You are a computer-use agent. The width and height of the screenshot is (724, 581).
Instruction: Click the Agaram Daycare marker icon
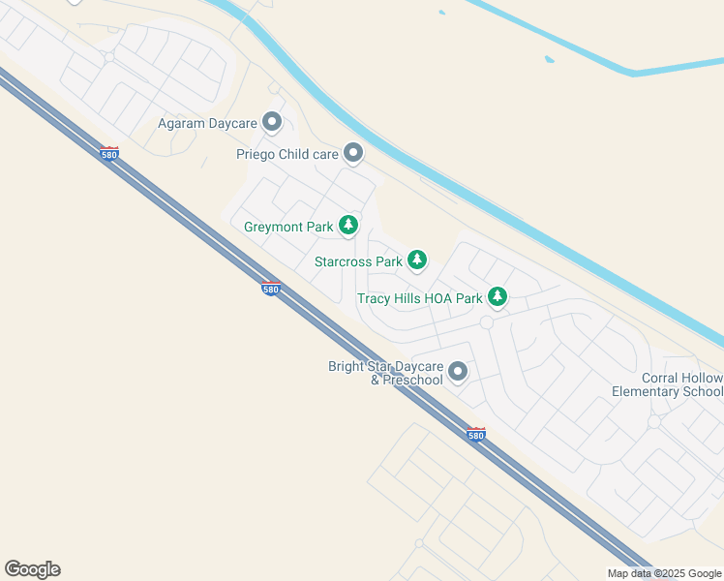(x=272, y=123)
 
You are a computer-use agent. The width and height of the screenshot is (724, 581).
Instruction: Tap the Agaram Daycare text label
(x=208, y=124)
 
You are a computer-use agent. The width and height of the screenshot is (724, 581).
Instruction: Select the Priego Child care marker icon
(x=353, y=153)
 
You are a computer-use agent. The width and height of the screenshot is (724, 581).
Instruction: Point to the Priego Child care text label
(x=287, y=154)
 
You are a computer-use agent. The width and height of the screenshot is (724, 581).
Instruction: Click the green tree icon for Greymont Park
(x=348, y=227)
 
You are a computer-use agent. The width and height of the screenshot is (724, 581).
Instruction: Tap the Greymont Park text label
(x=288, y=228)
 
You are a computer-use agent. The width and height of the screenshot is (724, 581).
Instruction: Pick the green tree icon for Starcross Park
(x=417, y=260)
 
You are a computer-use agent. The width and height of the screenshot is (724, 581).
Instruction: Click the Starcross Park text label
(x=358, y=261)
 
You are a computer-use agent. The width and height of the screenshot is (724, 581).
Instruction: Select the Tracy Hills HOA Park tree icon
(x=498, y=296)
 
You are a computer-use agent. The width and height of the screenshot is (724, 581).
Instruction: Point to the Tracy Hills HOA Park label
(x=419, y=298)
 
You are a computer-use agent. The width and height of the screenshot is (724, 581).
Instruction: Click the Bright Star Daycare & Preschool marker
(x=458, y=371)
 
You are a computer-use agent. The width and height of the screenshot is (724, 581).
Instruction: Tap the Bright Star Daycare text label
(x=385, y=366)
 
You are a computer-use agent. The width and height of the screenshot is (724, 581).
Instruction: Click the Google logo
(x=32, y=569)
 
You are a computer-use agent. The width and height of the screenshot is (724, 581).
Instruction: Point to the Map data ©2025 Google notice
(x=665, y=573)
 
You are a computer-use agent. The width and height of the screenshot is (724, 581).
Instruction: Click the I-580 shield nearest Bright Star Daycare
(x=475, y=435)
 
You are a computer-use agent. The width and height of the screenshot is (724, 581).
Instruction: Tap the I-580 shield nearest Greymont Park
(x=272, y=288)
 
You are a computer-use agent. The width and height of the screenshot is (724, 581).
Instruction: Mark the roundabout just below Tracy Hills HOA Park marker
(x=487, y=322)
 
